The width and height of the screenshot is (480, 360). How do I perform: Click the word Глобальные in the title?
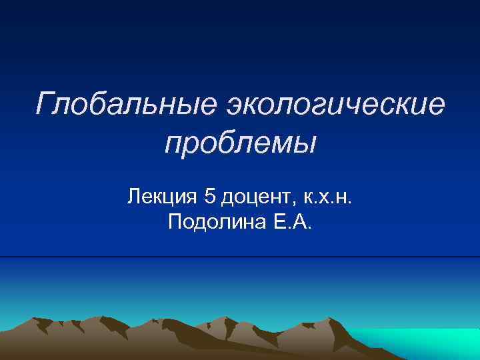click(x=126, y=104)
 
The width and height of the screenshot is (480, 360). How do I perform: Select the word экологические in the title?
click(x=335, y=104)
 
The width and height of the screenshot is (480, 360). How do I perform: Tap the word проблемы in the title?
click(x=240, y=143)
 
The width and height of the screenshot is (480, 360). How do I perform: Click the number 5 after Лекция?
click(x=211, y=197)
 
